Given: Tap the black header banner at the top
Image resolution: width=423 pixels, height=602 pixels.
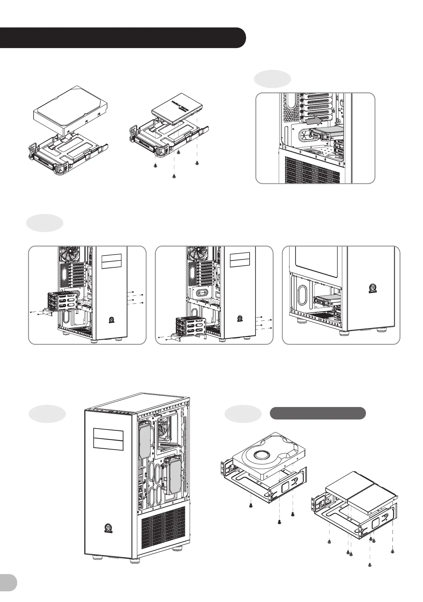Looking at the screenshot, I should (x=122, y=38).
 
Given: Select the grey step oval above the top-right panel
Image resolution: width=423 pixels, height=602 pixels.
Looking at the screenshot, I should (x=272, y=79).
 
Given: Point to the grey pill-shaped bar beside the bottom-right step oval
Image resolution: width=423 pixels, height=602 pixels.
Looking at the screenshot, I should (x=317, y=413).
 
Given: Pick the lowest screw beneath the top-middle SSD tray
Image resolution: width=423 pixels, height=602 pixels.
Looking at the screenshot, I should (x=174, y=176).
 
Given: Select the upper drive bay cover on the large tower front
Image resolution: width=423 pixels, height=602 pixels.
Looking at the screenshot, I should (x=108, y=434).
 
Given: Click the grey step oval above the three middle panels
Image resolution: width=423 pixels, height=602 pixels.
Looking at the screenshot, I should (x=45, y=223).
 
